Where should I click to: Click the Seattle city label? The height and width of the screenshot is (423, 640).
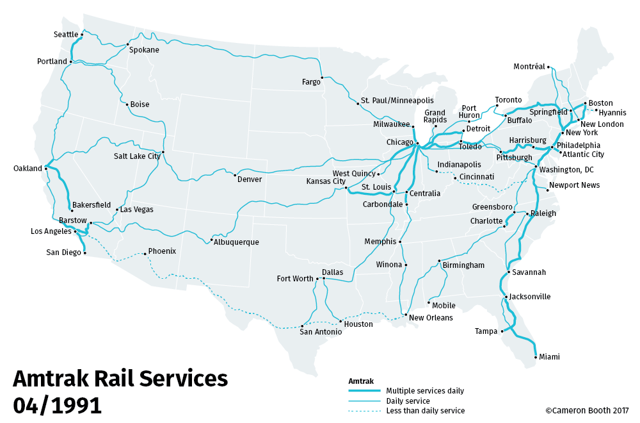click(x=65, y=35)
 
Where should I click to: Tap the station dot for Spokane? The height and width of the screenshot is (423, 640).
click(x=127, y=45)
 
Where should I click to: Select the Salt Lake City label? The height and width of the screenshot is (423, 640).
click(x=137, y=156)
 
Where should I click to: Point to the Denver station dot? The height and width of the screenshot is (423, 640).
click(x=236, y=175)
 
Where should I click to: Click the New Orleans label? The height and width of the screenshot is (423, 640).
click(x=430, y=318)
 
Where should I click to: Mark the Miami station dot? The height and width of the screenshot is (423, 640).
click(x=535, y=356)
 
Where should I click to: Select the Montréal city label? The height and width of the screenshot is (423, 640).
click(x=529, y=67)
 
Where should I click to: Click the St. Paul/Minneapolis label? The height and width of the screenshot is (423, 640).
click(x=397, y=101)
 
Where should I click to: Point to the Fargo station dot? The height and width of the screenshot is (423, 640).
click(x=322, y=77)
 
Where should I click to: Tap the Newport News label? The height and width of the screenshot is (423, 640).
click(x=575, y=185)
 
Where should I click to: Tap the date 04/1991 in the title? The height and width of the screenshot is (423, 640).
click(x=57, y=405)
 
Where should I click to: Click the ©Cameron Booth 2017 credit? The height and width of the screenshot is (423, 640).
click(x=587, y=411)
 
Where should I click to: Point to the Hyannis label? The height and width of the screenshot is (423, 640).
click(x=612, y=112)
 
